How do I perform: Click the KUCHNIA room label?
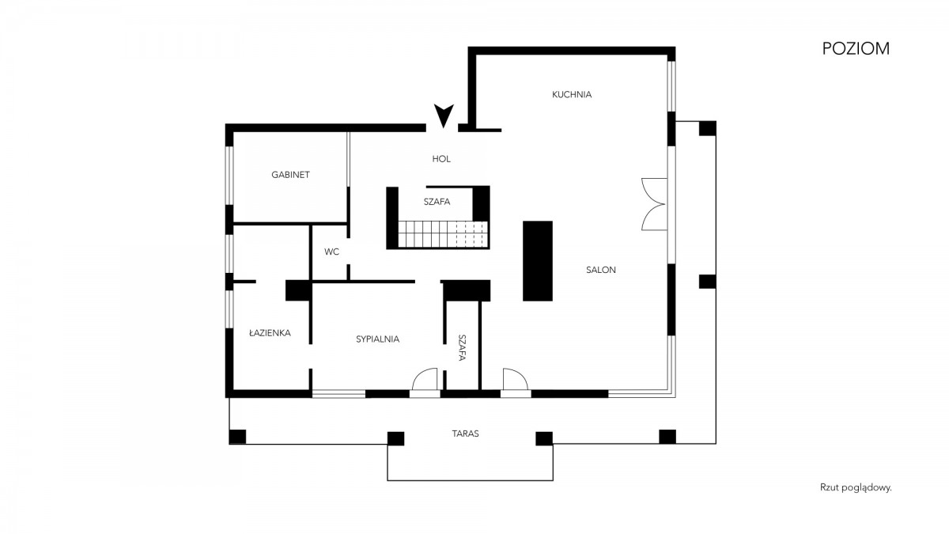point(572,94)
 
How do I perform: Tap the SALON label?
point(601,270)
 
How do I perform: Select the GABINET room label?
point(291,175)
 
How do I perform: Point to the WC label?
point(331,252)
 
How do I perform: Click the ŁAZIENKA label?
point(270,333)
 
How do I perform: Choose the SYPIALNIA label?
point(377,339)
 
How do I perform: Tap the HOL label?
point(441,159)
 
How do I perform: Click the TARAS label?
point(465,434)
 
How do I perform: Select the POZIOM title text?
point(856,49)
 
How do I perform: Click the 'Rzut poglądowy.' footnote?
point(856,488)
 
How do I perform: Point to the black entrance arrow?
point(444,116)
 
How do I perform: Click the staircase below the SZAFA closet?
point(443,234)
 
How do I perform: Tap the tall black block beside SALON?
point(538,261)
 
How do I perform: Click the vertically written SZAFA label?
point(462,347)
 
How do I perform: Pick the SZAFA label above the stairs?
point(437,202)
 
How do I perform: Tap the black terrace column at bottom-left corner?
point(237,437)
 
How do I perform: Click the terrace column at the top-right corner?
point(708,128)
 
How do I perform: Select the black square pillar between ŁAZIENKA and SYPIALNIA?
point(299,290)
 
